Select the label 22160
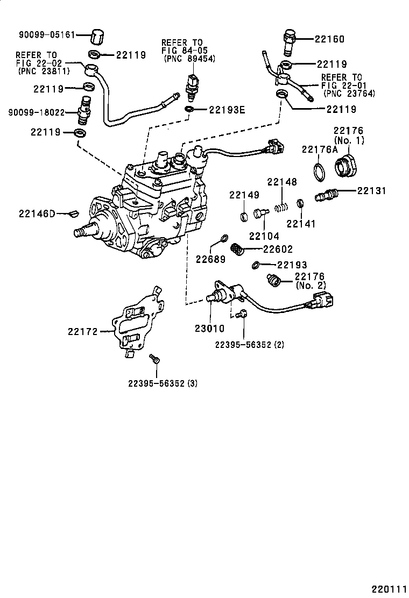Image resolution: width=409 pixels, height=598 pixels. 329,39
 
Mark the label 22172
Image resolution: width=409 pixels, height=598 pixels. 82,331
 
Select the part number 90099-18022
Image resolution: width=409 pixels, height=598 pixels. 36,112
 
